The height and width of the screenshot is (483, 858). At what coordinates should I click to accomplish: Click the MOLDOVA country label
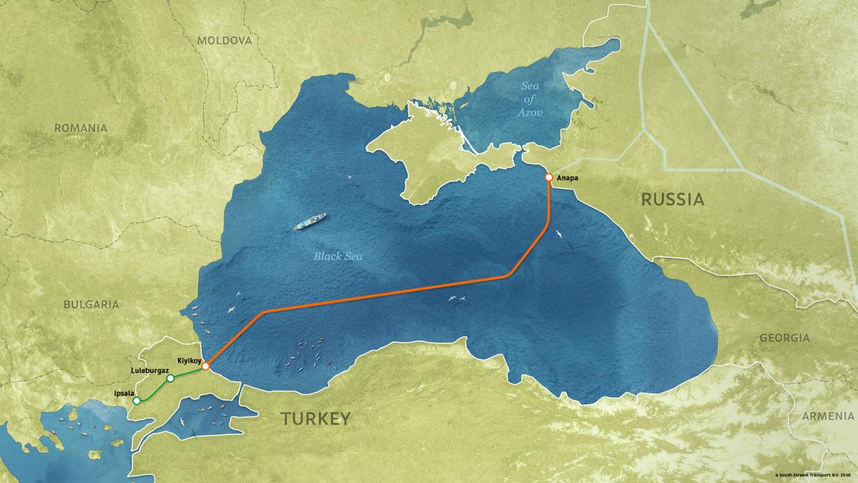225,41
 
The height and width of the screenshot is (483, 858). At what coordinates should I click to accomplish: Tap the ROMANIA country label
81,128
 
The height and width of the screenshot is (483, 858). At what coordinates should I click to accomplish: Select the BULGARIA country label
91,304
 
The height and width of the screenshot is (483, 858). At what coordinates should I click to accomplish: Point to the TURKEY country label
315,419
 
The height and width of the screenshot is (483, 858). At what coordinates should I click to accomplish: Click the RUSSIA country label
673,200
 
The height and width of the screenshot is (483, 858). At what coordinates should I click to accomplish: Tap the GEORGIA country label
785,338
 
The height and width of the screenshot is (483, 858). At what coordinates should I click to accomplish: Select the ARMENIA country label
824,416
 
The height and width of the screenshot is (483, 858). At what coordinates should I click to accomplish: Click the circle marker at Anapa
548,177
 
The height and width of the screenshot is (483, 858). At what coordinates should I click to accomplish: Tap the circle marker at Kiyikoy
205,366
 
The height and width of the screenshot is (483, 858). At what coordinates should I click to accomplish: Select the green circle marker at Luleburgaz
170,378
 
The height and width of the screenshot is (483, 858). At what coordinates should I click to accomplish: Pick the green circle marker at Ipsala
137,401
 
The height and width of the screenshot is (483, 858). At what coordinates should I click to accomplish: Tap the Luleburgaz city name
149,371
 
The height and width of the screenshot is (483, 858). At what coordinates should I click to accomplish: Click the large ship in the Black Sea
310,222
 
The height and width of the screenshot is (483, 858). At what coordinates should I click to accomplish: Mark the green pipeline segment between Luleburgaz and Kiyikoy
188,373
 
